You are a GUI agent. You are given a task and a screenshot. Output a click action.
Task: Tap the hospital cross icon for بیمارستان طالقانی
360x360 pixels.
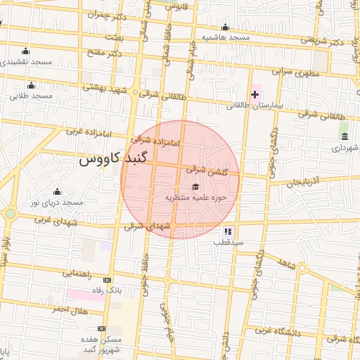[255, 94]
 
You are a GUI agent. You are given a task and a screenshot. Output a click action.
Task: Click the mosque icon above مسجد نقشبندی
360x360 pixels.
[26, 51]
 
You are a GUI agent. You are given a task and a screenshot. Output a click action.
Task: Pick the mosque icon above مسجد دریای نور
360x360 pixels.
[57, 191]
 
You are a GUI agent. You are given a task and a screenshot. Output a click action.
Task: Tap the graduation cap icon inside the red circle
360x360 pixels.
[195, 186]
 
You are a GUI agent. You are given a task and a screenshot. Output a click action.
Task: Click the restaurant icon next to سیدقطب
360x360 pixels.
[227, 231]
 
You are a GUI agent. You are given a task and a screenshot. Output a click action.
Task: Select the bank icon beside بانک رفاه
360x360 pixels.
[107, 279]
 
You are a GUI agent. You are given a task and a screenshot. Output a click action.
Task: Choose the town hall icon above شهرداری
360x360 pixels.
[344, 136]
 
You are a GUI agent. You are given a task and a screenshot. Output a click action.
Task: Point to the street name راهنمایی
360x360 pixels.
[79, 273]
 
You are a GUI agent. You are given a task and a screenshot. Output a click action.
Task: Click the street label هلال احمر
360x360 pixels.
[68, 310]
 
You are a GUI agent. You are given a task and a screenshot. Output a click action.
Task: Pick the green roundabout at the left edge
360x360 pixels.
[9, 214]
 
